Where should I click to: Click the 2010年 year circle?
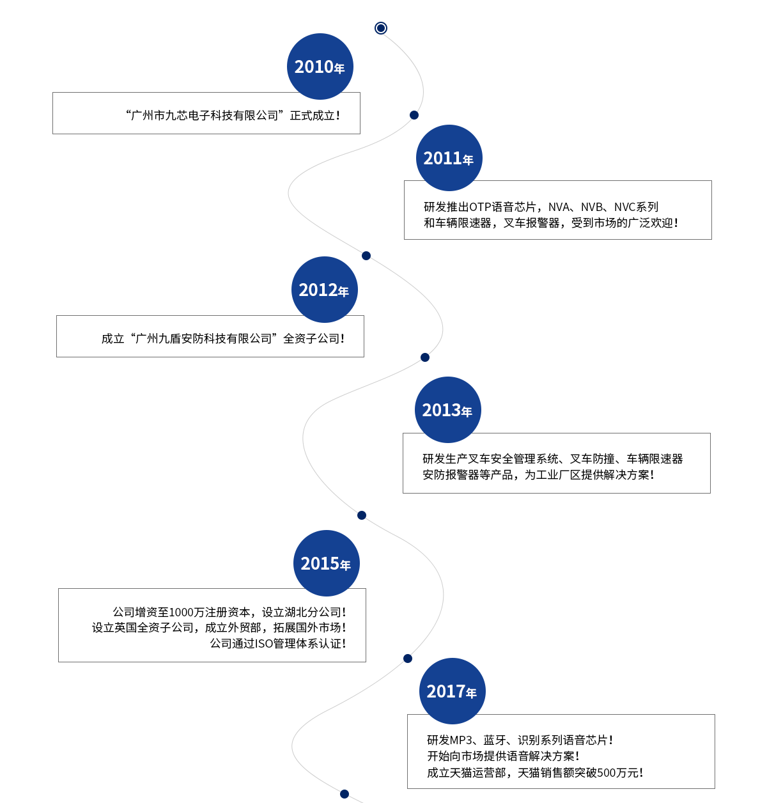click(x=320, y=66)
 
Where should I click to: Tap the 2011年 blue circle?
click(x=449, y=158)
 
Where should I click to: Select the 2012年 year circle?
click(x=324, y=290)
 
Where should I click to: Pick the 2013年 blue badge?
click(x=447, y=410)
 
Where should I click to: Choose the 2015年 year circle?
click(x=326, y=563)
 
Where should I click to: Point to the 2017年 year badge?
click(x=452, y=691)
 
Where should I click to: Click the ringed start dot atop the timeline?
click(x=381, y=28)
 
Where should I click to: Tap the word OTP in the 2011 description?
click(x=480, y=207)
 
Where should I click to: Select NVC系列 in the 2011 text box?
click(x=636, y=207)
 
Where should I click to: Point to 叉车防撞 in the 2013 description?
click(x=592, y=459)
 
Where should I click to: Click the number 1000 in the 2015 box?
click(x=182, y=612)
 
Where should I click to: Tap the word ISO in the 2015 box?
click(x=264, y=644)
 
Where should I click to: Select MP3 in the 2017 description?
click(x=461, y=740)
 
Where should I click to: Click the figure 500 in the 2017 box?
click(x=606, y=773)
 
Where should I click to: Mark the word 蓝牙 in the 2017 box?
click(x=495, y=740)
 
